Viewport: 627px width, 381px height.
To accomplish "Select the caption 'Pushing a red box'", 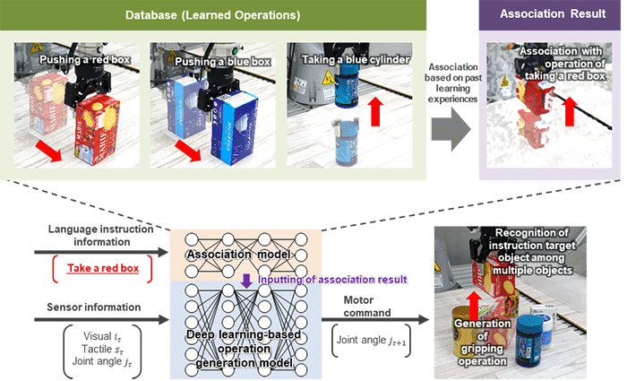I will point(78,60).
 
